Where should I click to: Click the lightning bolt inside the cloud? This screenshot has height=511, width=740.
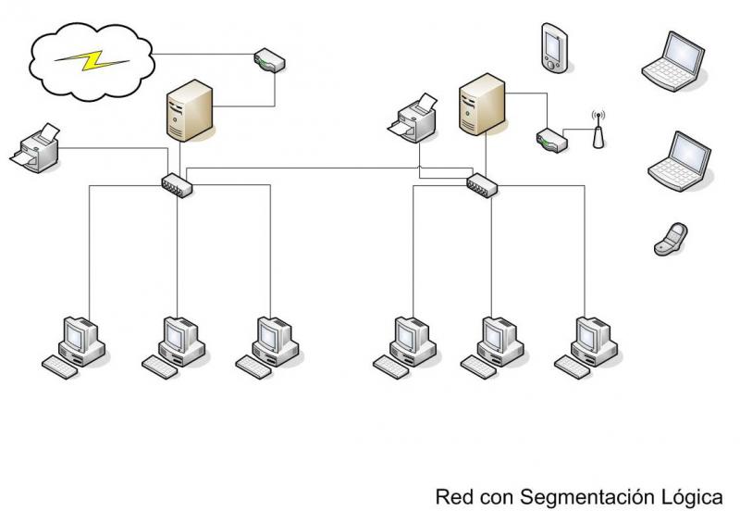click(92, 60)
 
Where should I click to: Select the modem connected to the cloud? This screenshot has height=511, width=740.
click(269, 62)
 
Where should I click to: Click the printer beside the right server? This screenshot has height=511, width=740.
click(415, 119)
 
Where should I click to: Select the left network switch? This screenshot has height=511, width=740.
click(176, 184)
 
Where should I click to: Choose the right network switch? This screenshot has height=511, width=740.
click(482, 184)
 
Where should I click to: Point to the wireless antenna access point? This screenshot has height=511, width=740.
click(596, 131)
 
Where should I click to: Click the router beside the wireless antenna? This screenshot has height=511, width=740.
click(549, 141)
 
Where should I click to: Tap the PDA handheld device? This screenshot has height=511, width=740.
click(553, 47)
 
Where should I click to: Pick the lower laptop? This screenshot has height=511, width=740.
click(680, 163)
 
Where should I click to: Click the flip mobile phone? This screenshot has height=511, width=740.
click(670, 238)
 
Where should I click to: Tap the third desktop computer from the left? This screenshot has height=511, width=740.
click(272, 344)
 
